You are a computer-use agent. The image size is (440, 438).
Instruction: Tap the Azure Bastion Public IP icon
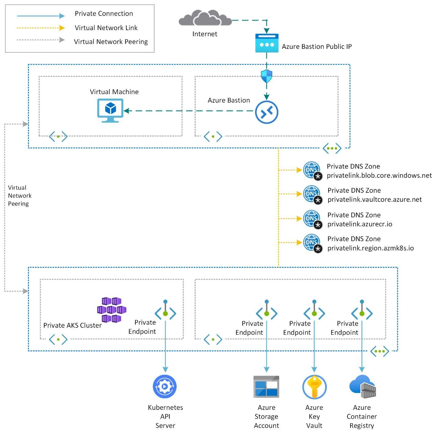coord(267,43)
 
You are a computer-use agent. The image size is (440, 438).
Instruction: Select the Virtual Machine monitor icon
coord(110,110)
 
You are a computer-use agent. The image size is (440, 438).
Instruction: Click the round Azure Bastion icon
coord(266,112)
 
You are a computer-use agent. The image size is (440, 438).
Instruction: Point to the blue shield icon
coord(266,76)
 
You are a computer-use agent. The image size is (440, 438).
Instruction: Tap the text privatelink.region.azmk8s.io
coord(370,248)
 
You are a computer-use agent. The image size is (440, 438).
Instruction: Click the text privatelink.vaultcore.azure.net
coord(375,199)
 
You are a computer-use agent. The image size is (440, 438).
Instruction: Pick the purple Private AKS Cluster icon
coord(112,310)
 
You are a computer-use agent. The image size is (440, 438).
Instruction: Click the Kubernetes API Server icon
coord(165,387)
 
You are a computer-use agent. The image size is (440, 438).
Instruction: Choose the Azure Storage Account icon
coord(266,387)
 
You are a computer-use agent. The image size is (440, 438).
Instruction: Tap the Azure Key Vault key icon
coord(314,387)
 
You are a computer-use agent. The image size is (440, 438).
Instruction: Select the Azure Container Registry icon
coord(362,387)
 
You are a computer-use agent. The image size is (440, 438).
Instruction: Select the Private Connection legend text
coord(104,13)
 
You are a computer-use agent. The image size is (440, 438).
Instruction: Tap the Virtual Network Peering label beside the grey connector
coord(20,195)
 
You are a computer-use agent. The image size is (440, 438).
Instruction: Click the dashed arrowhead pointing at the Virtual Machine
coord(127,111)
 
